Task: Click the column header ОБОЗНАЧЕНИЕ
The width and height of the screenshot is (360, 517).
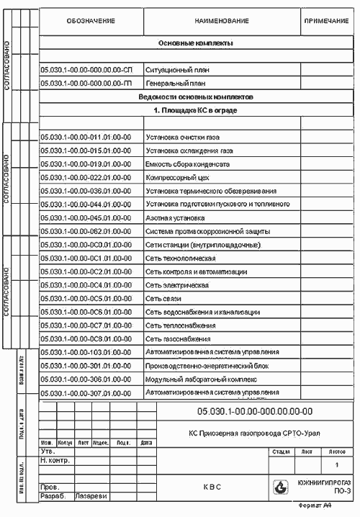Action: tap(91, 22)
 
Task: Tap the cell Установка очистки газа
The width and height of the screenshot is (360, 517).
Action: tap(183, 137)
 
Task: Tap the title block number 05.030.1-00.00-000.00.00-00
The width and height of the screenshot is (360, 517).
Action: tap(254, 410)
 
